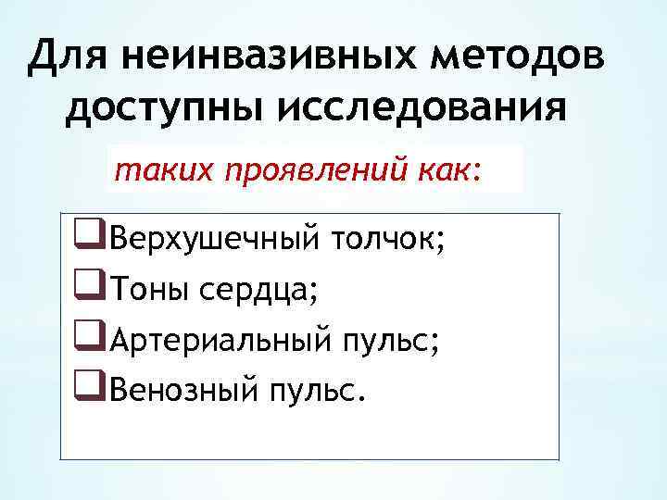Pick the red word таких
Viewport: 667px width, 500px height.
tap(151, 170)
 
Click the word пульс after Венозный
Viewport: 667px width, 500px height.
tap(318, 392)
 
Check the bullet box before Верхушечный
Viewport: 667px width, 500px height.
tap(86, 244)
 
